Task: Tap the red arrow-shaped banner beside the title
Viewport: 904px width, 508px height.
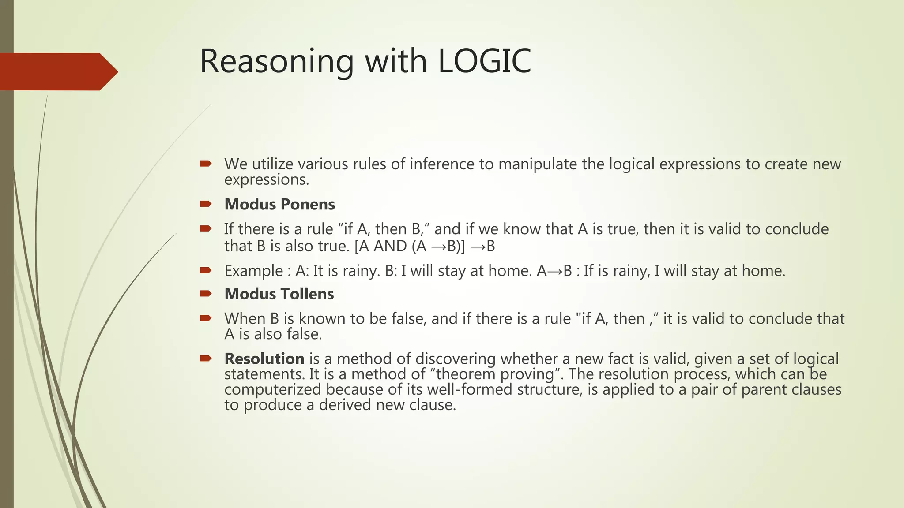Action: [57, 71]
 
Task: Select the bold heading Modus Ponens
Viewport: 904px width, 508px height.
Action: [279, 204]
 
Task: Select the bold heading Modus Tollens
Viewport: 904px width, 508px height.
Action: [279, 294]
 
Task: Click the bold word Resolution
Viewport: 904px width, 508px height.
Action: [264, 359]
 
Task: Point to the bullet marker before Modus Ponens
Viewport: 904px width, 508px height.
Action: [206, 204]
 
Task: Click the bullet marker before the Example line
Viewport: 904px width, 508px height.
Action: [206, 270]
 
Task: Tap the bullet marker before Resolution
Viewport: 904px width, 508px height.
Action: [206, 358]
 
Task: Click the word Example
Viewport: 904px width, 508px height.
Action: [253, 270]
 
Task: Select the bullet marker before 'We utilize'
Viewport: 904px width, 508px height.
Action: [206, 164]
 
